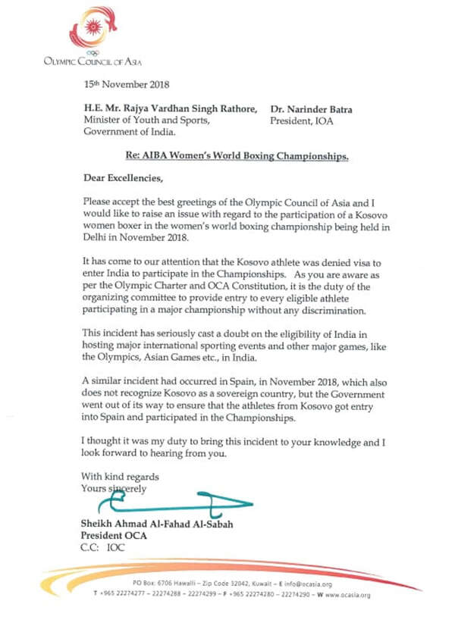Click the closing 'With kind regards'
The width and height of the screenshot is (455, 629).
120,477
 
